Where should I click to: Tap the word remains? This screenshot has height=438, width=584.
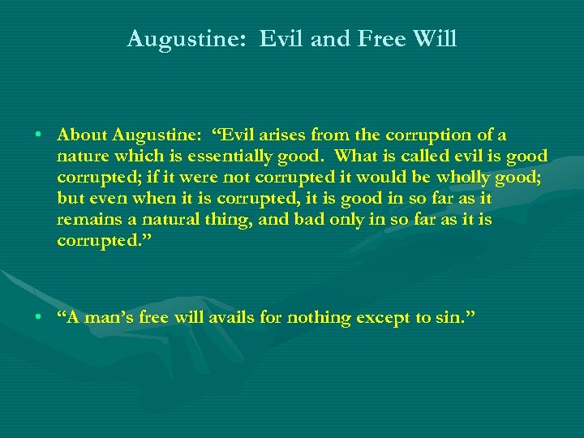point(87,219)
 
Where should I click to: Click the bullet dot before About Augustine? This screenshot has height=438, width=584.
point(39,135)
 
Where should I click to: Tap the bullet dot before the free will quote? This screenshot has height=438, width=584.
point(39,317)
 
